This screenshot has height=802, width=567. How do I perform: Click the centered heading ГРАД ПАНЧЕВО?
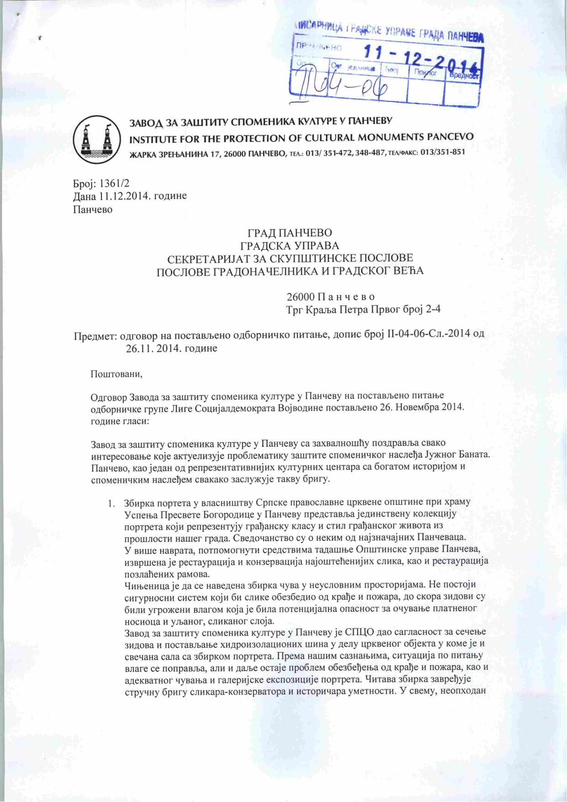290,233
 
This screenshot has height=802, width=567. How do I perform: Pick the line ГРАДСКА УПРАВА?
290,246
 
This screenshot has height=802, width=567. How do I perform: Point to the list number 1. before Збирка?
111,502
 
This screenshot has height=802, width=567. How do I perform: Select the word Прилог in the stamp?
425,72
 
